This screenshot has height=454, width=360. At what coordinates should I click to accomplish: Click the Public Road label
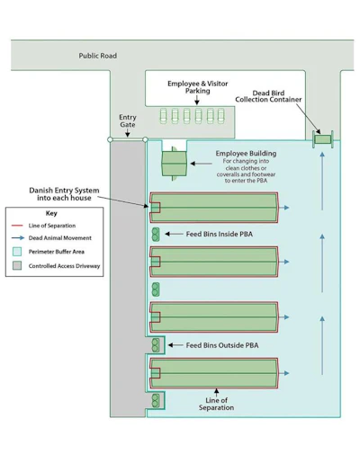point(98,56)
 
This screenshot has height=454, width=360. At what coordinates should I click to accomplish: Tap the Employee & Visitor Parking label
point(197,87)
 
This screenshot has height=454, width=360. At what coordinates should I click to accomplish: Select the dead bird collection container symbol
point(323,139)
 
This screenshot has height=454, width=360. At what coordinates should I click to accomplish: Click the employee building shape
point(175,164)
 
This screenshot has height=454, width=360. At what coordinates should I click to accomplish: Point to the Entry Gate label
point(128,120)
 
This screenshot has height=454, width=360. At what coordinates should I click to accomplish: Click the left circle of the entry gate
point(110,139)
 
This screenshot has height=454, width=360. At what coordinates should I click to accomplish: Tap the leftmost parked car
point(163,116)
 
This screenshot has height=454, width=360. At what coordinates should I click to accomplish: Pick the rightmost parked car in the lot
point(221,116)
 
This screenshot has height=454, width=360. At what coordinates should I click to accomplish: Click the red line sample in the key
point(17,226)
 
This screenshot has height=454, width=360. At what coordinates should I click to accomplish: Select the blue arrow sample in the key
point(18,238)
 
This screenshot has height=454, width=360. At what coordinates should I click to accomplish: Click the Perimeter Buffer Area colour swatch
point(17,252)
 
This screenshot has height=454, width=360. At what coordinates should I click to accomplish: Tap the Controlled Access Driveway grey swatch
point(17,265)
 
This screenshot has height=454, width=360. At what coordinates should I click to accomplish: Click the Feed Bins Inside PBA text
point(220,234)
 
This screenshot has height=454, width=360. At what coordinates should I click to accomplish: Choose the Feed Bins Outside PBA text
point(222,345)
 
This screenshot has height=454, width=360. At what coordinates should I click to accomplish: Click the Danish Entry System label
point(64,194)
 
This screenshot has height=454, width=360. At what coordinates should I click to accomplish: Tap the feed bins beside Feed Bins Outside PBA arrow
point(156,345)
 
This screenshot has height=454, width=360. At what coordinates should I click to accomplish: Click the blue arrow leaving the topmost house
point(283,208)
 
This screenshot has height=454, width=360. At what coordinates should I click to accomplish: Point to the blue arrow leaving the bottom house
point(283,373)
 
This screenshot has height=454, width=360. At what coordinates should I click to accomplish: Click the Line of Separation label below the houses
point(216,404)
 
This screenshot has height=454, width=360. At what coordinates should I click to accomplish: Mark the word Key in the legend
point(51,213)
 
